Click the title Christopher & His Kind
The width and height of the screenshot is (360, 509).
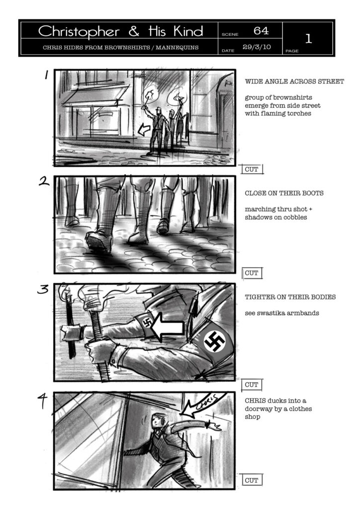pyautogui.click(x=121, y=31)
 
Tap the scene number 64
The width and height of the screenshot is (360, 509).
pyautogui.click(x=261, y=30)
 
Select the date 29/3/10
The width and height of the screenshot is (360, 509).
pyautogui.click(x=257, y=47)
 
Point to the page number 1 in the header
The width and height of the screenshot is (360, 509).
pyautogui.click(x=308, y=39)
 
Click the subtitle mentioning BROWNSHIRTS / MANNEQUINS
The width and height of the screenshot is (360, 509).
pyautogui.click(x=120, y=47)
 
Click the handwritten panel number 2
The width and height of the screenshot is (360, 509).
pyautogui.click(x=44, y=181)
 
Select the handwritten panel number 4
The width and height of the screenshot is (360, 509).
pyautogui.click(x=42, y=401)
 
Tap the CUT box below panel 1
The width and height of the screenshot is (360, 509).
pyautogui.click(x=252, y=169)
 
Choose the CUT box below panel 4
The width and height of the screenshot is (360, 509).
pyautogui.click(x=252, y=480)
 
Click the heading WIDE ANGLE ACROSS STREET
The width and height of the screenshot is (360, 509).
pyautogui.click(x=294, y=82)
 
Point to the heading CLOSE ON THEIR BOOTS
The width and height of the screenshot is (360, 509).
pyautogui.click(x=284, y=193)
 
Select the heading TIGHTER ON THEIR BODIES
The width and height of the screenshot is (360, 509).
pyautogui.click(x=290, y=297)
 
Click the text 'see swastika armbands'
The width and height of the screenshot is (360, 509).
pyautogui.click(x=282, y=313)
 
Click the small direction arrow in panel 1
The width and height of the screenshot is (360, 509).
pyautogui.click(x=144, y=130)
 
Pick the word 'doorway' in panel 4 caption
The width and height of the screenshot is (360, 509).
pyautogui.click(x=258, y=409)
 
